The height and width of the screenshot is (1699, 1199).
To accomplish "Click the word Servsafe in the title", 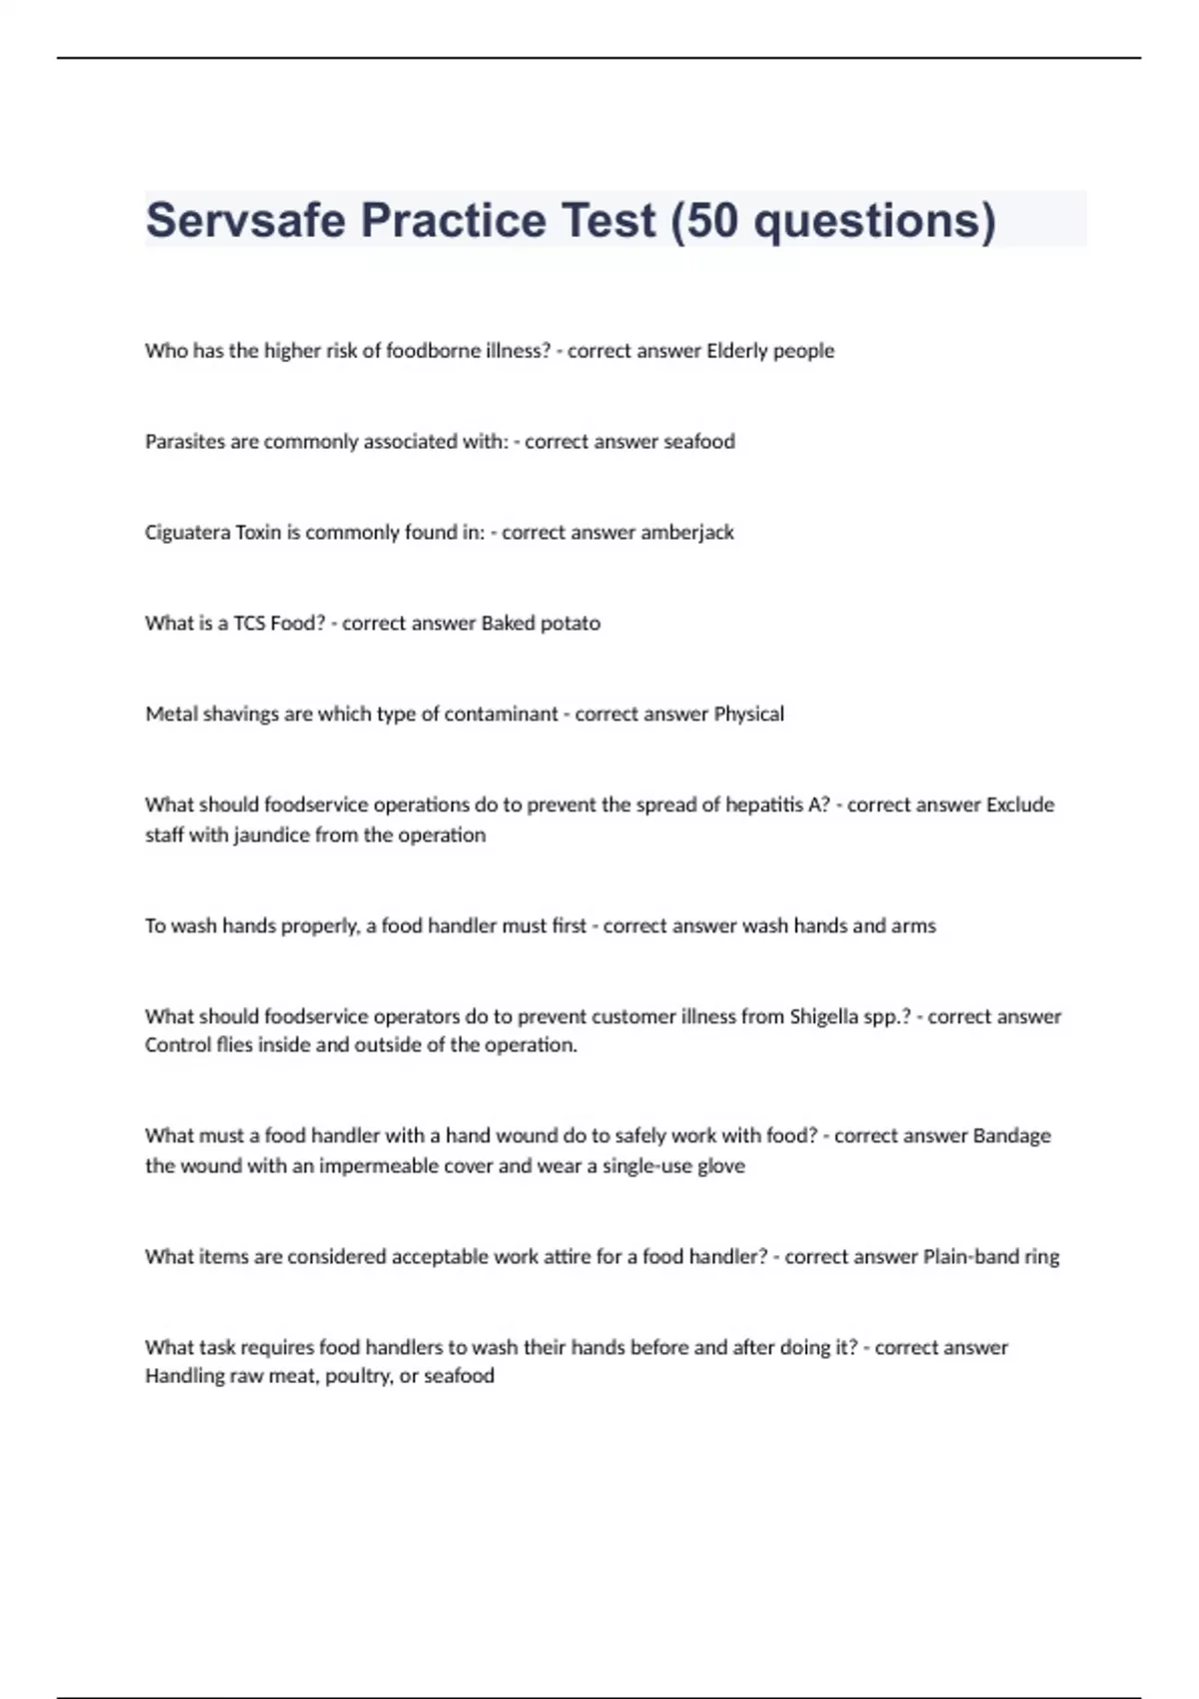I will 246,220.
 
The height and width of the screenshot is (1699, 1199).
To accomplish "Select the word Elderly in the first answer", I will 737,351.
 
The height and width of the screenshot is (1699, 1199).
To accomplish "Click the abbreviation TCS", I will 249,624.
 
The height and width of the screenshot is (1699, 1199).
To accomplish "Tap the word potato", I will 571,624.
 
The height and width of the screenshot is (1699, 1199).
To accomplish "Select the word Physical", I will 748,715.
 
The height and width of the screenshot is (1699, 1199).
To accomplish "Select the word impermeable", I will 381,1166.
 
